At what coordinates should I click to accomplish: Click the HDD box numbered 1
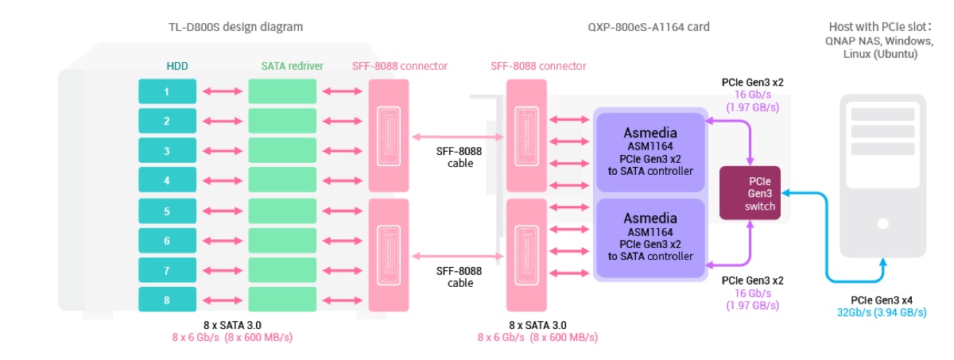tap(166, 91)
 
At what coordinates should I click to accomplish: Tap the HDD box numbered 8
tap(166, 300)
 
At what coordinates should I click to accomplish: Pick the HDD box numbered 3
tap(166, 151)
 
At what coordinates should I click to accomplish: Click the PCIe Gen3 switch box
tap(750, 193)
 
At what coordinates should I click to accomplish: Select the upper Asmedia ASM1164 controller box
tap(650, 152)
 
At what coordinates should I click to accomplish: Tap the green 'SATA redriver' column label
tap(292, 66)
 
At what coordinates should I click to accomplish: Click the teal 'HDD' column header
tap(166, 66)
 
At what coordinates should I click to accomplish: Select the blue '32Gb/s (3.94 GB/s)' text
tap(881, 312)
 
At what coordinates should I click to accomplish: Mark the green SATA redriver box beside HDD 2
tap(282, 121)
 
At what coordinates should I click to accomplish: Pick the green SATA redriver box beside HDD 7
tap(282, 269)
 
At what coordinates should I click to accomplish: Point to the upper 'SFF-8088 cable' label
tap(460, 157)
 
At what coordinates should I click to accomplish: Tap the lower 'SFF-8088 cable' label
tap(460, 277)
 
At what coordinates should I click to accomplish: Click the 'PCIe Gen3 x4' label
tap(881, 300)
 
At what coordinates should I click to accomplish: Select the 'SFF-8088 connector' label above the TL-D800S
tap(400, 66)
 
